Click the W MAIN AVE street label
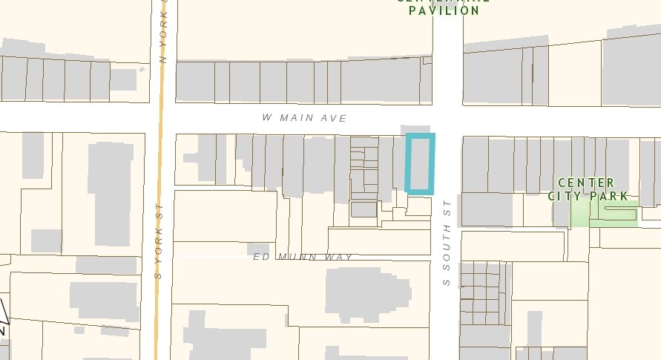304,118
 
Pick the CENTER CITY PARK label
588,189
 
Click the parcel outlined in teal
420,164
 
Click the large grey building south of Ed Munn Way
366,292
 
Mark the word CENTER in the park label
586,183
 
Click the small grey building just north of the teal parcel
415,129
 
